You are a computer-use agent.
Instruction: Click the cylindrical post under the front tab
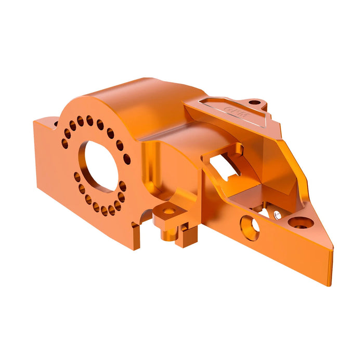(165, 233)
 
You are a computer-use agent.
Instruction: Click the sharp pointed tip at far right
(330, 283)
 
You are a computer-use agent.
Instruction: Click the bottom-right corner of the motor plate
(133, 249)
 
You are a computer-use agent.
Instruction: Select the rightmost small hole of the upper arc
(126, 160)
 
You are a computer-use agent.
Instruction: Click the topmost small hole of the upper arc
(89, 119)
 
